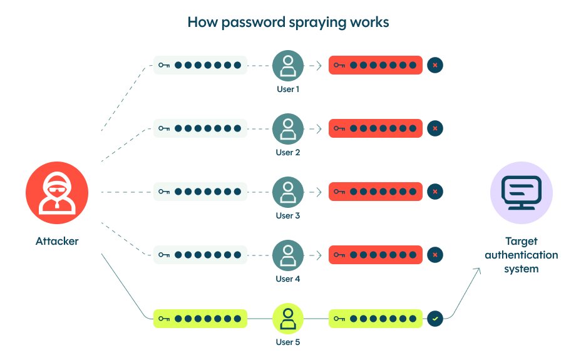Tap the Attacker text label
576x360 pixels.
(57, 241)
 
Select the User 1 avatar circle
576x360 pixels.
(288, 65)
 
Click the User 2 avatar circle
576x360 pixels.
(288, 128)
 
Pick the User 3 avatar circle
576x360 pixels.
(288, 192)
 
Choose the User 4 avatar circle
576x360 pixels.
(288, 255)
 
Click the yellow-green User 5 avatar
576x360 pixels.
(288, 318)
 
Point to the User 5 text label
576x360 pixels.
(288, 342)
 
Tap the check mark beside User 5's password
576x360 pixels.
(435, 318)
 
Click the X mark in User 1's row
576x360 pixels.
(435, 65)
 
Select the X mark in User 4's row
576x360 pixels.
(435, 255)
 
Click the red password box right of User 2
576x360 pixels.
(376, 128)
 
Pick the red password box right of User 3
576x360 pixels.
(376, 192)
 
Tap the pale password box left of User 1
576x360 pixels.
(200, 65)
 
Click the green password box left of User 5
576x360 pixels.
(200, 318)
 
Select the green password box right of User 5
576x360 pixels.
(376, 318)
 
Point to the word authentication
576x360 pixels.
(521, 255)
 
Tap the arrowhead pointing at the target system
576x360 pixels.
(479, 270)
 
